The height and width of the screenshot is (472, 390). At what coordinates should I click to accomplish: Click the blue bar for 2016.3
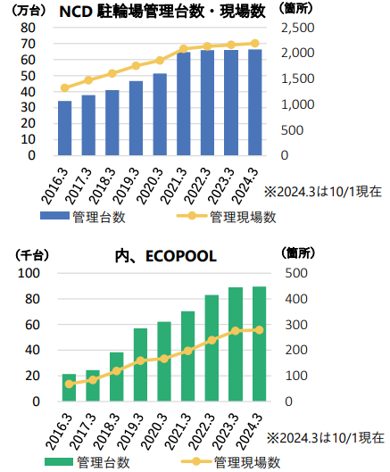pyautogui.click(x=65, y=128)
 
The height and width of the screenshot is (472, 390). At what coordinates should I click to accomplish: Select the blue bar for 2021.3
pyautogui.click(x=184, y=104)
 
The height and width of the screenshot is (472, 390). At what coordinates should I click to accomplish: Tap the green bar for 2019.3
pyautogui.click(x=141, y=365)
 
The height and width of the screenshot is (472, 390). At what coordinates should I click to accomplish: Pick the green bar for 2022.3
pyautogui.click(x=212, y=348)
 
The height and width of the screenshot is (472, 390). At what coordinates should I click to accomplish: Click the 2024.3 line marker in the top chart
pyautogui.click(x=255, y=44)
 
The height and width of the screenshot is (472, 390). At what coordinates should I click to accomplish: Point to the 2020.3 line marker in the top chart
pyautogui.click(x=160, y=61)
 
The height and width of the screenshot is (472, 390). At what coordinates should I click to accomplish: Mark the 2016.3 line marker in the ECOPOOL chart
pyautogui.click(x=70, y=384)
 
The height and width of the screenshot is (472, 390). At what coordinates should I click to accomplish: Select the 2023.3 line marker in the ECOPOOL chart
pyautogui.click(x=236, y=331)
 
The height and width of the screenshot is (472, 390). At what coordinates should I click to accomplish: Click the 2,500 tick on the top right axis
pyautogui.click(x=298, y=28)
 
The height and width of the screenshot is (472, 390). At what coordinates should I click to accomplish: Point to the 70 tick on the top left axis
pyautogui.click(x=28, y=44)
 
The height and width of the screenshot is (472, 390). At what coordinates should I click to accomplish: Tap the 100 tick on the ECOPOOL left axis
pyautogui.click(x=29, y=273)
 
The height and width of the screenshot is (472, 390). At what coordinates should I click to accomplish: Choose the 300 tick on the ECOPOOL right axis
pyautogui.click(x=296, y=325)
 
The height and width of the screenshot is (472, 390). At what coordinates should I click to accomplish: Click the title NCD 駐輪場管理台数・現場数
pyautogui.click(x=162, y=12)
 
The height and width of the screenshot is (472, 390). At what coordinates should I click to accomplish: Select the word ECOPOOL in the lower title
pyautogui.click(x=181, y=256)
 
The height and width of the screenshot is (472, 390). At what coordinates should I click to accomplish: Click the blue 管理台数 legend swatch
pyautogui.click(x=54, y=216)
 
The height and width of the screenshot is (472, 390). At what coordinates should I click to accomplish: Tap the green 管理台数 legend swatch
pyautogui.click(x=59, y=461)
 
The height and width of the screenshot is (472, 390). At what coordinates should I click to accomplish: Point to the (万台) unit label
pyautogui.click(x=29, y=11)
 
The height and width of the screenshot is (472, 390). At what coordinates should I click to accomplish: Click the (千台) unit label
pyautogui.click(x=32, y=255)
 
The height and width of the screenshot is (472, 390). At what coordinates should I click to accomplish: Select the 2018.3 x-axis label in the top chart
pyautogui.click(x=103, y=186)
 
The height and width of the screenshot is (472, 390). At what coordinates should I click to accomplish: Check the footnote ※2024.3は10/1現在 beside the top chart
pyautogui.click(x=323, y=192)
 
